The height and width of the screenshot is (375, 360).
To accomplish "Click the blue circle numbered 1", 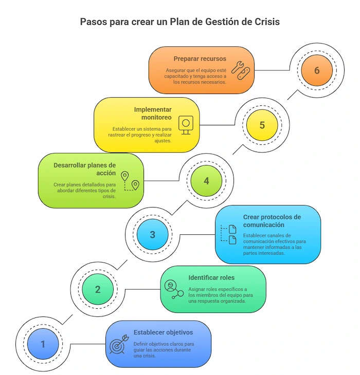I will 43,344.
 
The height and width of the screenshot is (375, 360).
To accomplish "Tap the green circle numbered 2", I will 98,289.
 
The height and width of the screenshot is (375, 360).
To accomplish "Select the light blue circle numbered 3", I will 152,235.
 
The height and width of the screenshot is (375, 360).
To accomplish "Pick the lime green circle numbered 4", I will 206,181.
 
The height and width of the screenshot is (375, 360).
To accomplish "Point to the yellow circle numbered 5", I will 262,125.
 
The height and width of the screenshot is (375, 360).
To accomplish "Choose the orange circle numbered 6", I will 317,70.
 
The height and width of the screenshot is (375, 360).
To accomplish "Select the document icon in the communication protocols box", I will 229,234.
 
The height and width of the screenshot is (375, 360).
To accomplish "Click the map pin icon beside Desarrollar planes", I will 130,181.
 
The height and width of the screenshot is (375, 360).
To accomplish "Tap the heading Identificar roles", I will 211,277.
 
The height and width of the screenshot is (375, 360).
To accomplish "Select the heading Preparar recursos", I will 200,59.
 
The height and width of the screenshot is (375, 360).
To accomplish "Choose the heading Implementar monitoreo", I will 153,114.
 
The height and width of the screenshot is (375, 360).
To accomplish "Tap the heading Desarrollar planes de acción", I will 84,169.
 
